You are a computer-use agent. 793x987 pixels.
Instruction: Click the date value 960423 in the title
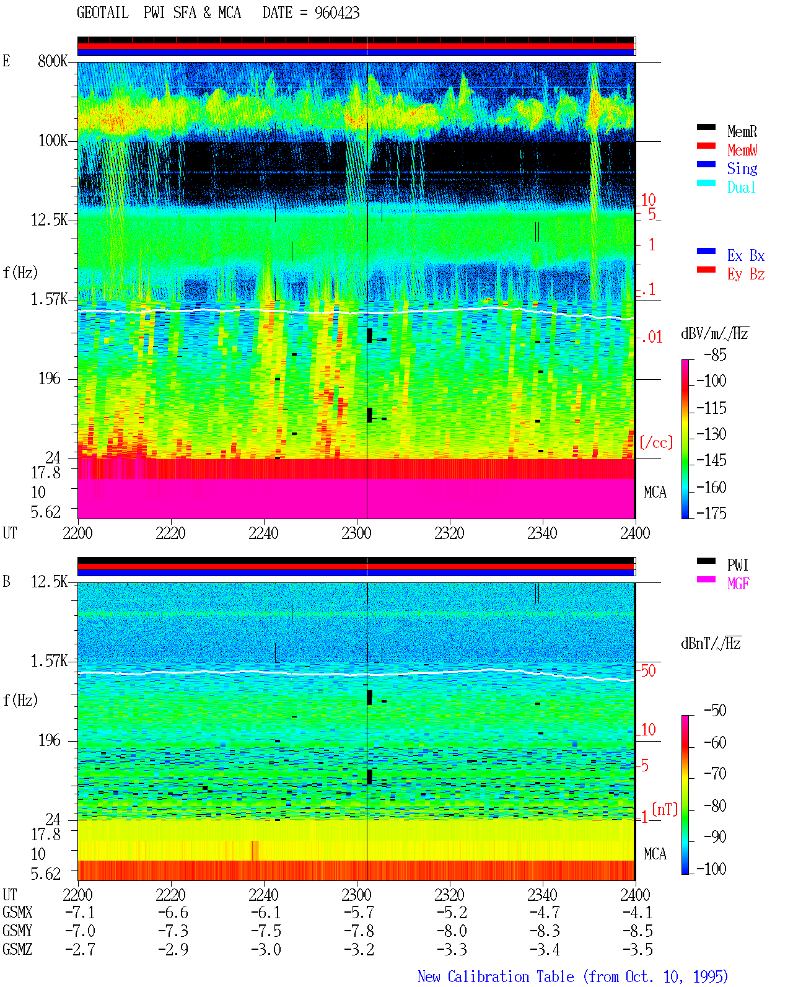pyautogui.click(x=336, y=13)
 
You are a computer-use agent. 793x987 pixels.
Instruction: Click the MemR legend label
pyautogui.click(x=742, y=131)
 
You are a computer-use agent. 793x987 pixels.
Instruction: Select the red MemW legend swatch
pyautogui.click(x=706, y=146)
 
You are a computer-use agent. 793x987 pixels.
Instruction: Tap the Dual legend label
pyautogui.click(x=741, y=188)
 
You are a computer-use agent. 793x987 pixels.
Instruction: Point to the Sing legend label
pyautogui.click(x=742, y=169)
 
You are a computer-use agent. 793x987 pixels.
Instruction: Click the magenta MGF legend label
pyautogui.click(x=738, y=584)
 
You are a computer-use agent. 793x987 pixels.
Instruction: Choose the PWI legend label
pyautogui.click(x=737, y=565)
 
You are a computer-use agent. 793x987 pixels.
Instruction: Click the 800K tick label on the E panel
pyautogui.click(x=53, y=61)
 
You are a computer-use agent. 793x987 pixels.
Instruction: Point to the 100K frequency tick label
pyautogui.click(x=53, y=141)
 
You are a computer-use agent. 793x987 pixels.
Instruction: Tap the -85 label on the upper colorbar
pyautogui.click(x=715, y=355)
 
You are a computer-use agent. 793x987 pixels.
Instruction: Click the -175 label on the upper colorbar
pyautogui.click(x=711, y=513)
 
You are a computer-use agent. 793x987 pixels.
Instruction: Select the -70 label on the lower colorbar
pyautogui.click(x=715, y=774)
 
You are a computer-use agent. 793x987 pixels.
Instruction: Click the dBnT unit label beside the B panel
pyautogui.click(x=711, y=643)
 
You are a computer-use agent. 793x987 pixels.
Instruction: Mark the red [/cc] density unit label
pyautogui.click(x=656, y=442)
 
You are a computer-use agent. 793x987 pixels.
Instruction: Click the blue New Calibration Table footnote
pyautogui.click(x=573, y=977)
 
